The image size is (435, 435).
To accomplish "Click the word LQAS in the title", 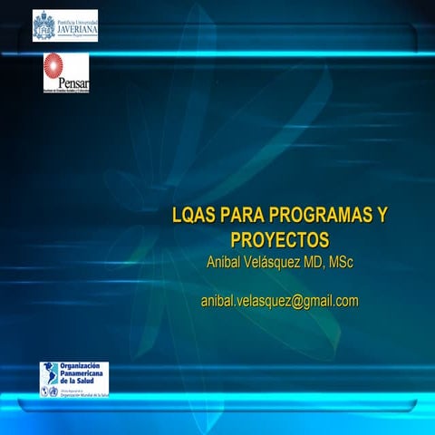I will [191, 217].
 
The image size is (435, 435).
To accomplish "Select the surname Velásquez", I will [275, 263].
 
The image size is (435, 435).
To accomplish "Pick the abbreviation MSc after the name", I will [341, 263].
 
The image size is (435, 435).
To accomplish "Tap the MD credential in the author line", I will [314, 263].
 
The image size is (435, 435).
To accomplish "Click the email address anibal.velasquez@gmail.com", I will [279, 301].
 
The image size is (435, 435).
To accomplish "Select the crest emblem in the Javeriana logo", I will [43, 25].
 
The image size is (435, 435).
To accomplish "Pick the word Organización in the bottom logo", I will [80, 366].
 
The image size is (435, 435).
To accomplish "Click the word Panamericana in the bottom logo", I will [82, 374].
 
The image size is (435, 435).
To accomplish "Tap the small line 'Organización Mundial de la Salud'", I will [83, 395].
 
